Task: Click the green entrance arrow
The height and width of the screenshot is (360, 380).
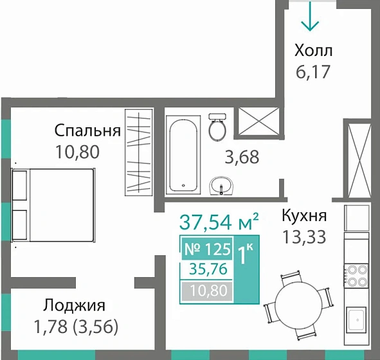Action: (x=311, y=17)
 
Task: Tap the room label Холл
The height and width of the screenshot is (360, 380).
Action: (x=313, y=50)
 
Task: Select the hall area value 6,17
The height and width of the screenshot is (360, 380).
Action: (x=312, y=71)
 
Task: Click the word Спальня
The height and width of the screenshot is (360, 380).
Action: (x=87, y=131)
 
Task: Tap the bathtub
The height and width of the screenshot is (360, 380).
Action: (x=185, y=154)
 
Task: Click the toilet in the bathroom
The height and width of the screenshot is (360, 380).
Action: (x=217, y=128)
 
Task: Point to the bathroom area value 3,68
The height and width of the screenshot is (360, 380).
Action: (x=242, y=157)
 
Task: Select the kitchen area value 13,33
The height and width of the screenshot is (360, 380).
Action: (x=304, y=236)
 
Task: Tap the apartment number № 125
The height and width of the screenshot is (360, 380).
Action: (x=207, y=249)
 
